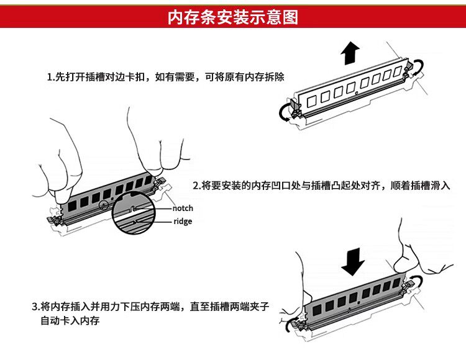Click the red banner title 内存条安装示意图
click(x=233, y=17)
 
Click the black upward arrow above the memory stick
click(x=350, y=53)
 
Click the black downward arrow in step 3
click(x=353, y=261)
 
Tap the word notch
click(x=183, y=209)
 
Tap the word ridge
click(x=183, y=222)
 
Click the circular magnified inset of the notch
click(x=134, y=213)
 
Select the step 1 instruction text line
click(x=166, y=77)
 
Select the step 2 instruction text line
click(x=322, y=186)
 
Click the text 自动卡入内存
click(x=70, y=321)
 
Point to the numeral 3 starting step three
click(x=34, y=307)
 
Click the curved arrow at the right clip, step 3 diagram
click(x=419, y=281)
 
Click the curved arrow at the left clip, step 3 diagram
click(x=288, y=323)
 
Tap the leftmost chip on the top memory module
click(x=311, y=101)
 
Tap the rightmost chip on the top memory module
click(x=398, y=71)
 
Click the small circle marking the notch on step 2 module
click(x=104, y=204)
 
